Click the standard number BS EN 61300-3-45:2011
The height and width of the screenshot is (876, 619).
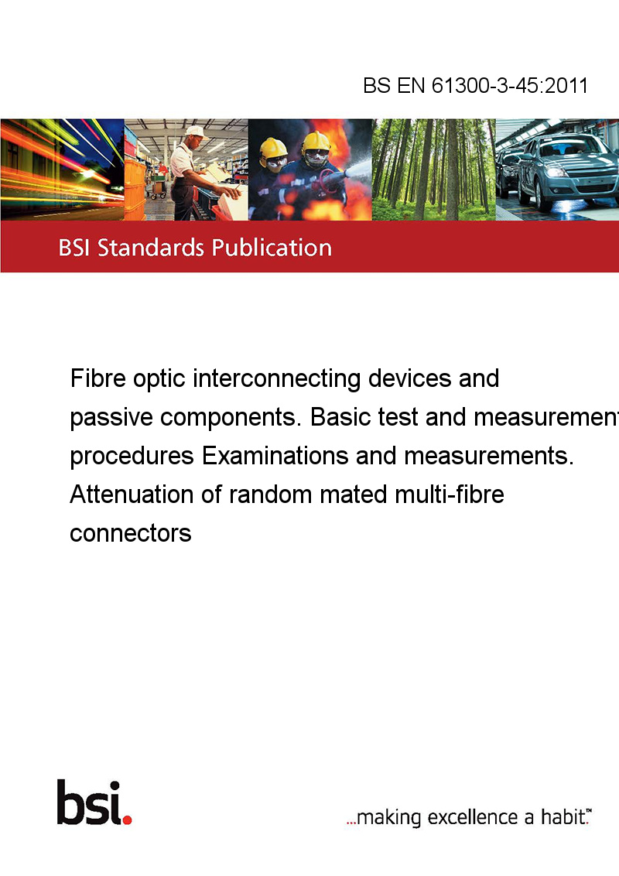pyautogui.click(x=475, y=85)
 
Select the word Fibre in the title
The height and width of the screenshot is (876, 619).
pyautogui.click(x=97, y=378)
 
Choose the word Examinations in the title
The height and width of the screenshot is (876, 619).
pyautogui.click(x=275, y=456)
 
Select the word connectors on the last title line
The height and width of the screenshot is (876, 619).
pyautogui.click(x=131, y=533)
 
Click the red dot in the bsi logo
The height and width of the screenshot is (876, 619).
pyautogui.click(x=127, y=820)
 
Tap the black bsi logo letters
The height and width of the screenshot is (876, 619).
pyautogui.click(x=90, y=802)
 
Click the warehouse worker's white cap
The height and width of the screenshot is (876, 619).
pyautogui.click(x=196, y=132)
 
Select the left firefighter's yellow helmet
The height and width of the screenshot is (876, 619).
pyautogui.click(x=273, y=148)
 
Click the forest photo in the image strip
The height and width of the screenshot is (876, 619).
pyautogui.click(x=433, y=169)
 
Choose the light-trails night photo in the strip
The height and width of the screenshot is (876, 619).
pyautogui.click(x=62, y=169)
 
